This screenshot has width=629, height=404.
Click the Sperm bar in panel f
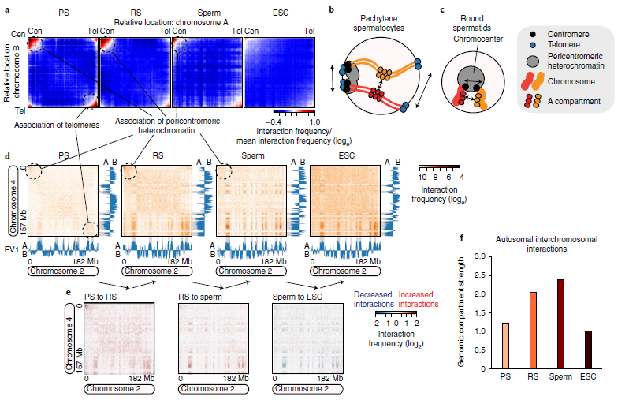click(x=560, y=324)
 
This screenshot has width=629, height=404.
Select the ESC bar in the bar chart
click(x=588, y=350)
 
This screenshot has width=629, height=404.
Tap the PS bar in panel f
click(x=505, y=346)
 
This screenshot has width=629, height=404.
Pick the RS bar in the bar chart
click(x=533, y=331)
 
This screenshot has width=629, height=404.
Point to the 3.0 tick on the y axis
click(x=480, y=256)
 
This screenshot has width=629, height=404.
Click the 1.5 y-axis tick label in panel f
click(x=480, y=312)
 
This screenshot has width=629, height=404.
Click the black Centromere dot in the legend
click(x=533, y=35)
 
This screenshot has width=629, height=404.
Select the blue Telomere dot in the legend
click(x=533, y=45)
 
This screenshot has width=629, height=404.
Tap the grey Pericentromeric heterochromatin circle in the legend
click(x=533, y=61)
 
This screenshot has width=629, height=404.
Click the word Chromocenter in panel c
click(x=478, y=39)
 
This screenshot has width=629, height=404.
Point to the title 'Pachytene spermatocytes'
click(x=378, y=24)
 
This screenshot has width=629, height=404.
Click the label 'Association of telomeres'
click(x=57, y=125)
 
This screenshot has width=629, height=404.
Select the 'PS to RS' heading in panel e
click(x=100, y=297)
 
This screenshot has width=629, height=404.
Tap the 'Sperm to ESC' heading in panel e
click(x=297, y=297)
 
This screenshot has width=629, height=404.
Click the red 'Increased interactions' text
click(x=418, y=299)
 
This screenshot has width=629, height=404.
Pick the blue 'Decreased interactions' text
click(x=374, y=299)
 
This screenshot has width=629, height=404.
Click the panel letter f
click(x=462, y=238)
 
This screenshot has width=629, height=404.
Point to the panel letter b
click(x=331, y=9)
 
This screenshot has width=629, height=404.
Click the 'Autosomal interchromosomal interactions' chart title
click(x=546, y=244)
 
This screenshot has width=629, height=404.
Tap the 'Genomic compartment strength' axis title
click(x=461, y=312)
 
